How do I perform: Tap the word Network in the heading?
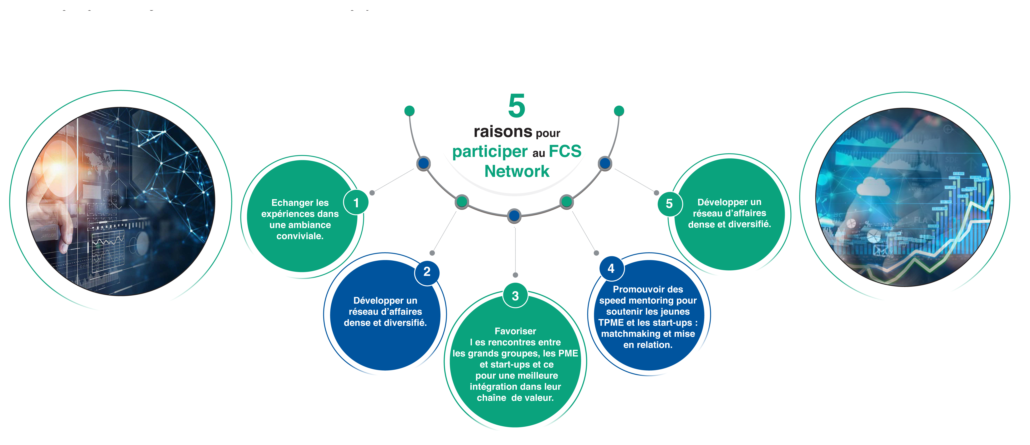coord(517,171)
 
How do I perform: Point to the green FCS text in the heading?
coord(565,151)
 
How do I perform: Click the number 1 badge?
coord(356,203)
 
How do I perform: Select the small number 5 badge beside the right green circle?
coord(669,204)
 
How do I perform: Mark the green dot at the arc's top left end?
coord(409,111)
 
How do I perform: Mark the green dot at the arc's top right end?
coord(619,111)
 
